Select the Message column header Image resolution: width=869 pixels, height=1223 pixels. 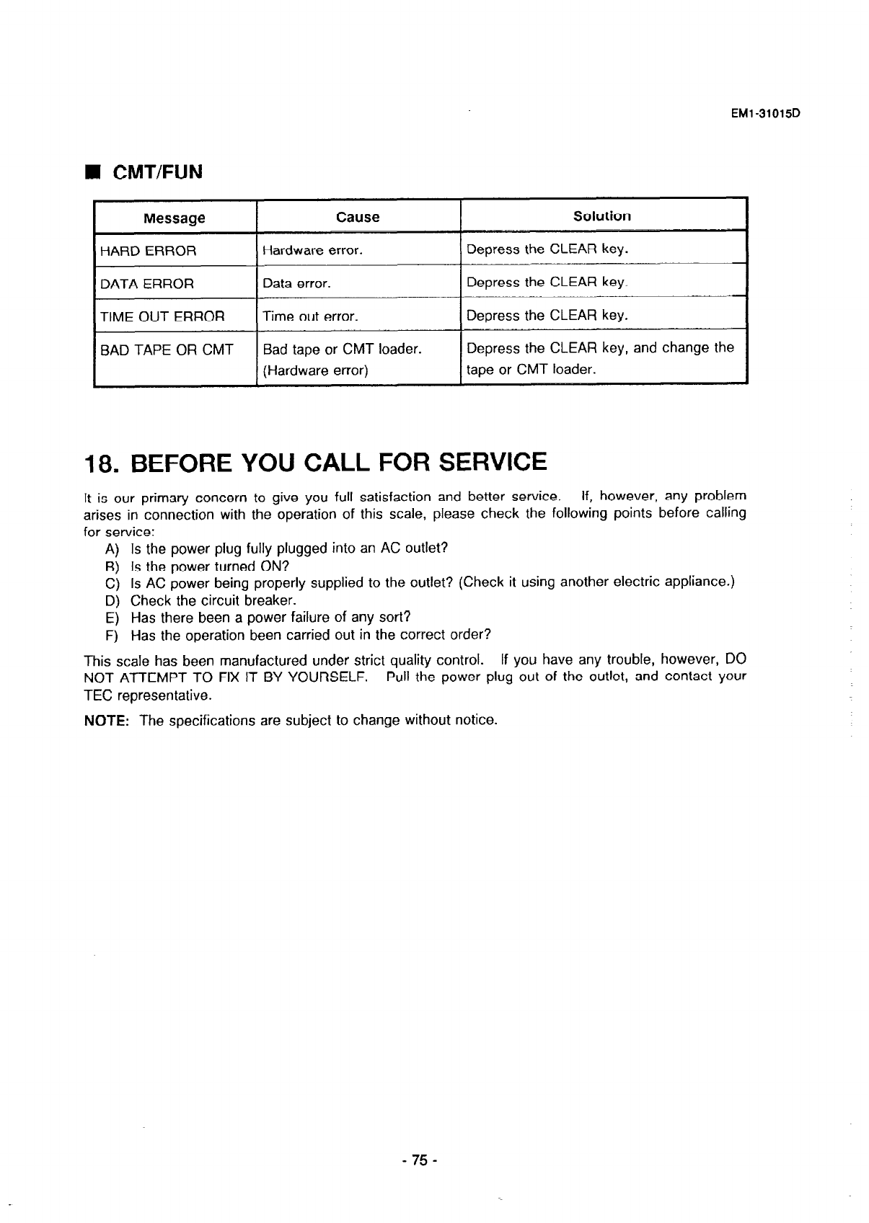coord(174,218)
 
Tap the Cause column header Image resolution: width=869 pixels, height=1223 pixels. coord(358,217)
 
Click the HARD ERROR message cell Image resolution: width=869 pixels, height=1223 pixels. coord(148,252)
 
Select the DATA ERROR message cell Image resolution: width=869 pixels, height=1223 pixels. coord(146,284)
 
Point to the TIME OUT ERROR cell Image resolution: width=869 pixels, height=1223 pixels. coord(162,316)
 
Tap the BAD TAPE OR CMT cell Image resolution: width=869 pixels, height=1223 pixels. coord(167,350)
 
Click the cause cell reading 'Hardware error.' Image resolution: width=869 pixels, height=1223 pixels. coord(312,251)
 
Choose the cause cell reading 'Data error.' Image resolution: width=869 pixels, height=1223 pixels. coord(296,284)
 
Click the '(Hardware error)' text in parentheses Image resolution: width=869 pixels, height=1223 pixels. coord(316,371)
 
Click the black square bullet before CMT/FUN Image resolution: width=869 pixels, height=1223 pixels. coord(92,173)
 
